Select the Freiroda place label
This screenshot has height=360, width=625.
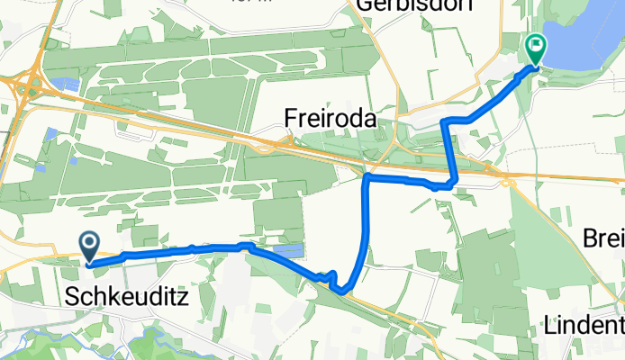click(x=329, y=118)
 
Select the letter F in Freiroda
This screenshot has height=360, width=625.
click(x=291, y=118)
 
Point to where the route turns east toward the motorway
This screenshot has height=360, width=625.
click(x=367, y=179)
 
